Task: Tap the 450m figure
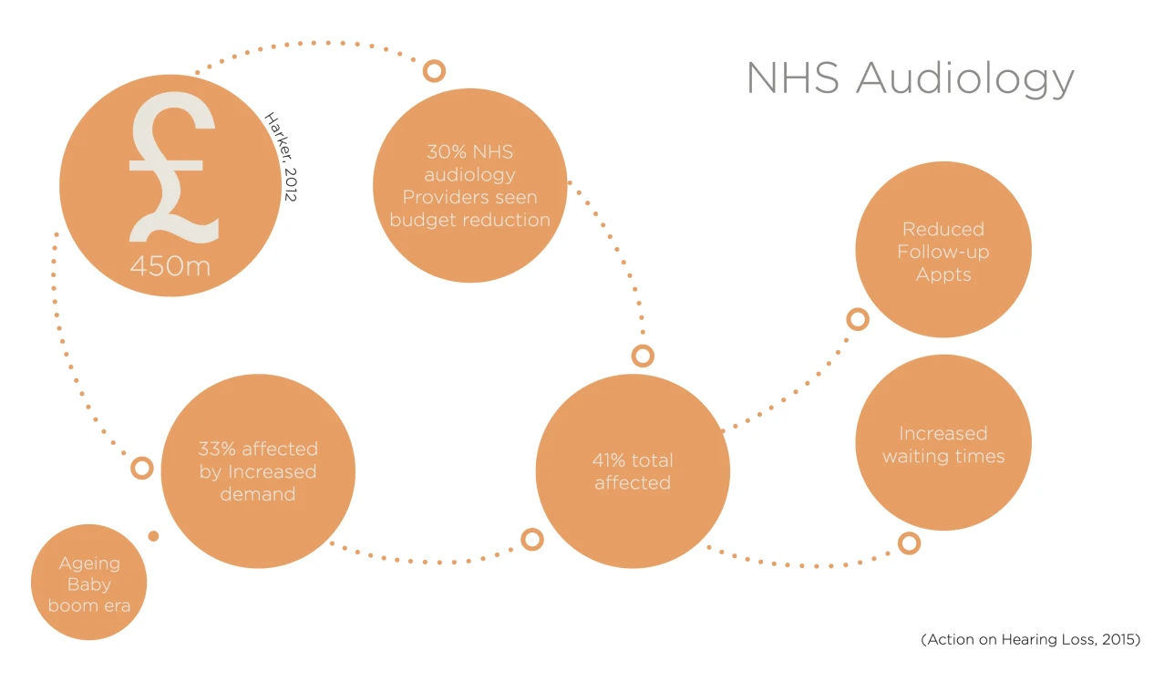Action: pos(170,266)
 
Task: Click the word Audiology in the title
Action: pos(965,79)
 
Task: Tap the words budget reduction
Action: pos(469,220)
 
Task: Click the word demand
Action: pos(258,494)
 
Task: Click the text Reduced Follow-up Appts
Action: pos(943,252)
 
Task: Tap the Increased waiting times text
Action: pos(943,445)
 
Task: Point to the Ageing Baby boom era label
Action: pos(88,584)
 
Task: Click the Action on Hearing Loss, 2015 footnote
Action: pos(1030,640)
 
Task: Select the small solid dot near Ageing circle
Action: pos(153,536)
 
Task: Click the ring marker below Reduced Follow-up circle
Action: pos(858,319)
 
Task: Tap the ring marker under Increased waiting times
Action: pos(909,543)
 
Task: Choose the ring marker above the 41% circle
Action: pos(643,356)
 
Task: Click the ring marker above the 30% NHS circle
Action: pos(435,70)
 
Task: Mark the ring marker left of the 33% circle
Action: pos(141,469)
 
